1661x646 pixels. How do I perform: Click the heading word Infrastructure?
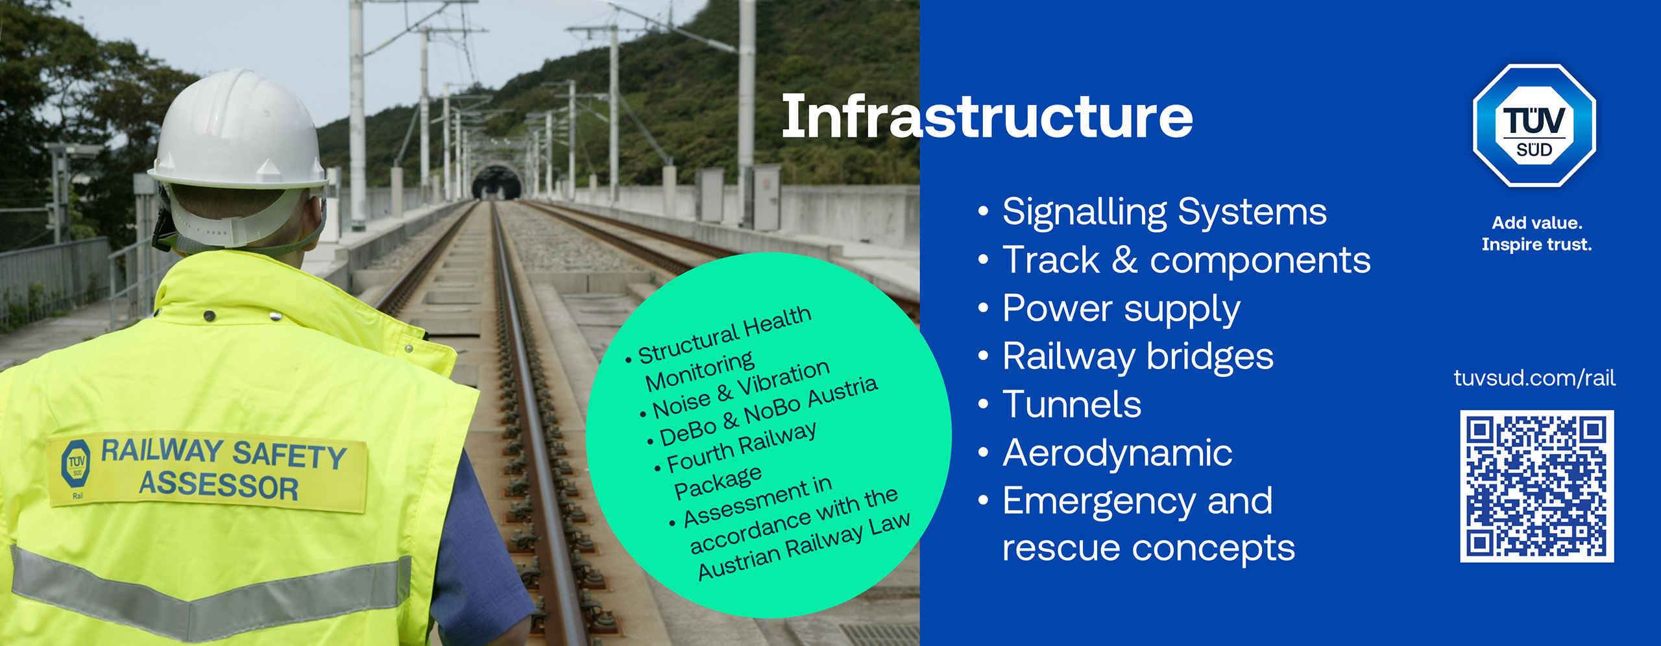coord(987,117)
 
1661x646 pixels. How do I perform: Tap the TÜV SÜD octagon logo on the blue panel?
coord(1534,126)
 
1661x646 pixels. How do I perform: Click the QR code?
coord(1536,486)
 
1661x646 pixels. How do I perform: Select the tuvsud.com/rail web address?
coord(1534,377)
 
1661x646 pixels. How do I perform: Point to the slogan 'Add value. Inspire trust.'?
coord(1536,233)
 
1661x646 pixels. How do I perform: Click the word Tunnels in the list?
coord(1072,405)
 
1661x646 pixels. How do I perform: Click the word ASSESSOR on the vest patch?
coord(219,486)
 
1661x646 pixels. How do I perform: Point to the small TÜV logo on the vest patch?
coord(77,462)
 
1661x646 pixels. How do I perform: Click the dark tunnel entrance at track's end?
coord(496,183)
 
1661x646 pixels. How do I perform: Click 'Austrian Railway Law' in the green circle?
coord(805,546)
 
